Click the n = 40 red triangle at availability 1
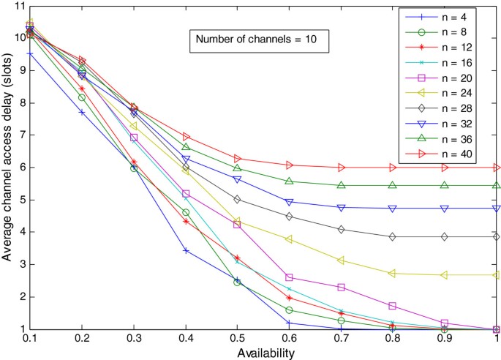497,168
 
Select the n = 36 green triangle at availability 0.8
393,185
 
